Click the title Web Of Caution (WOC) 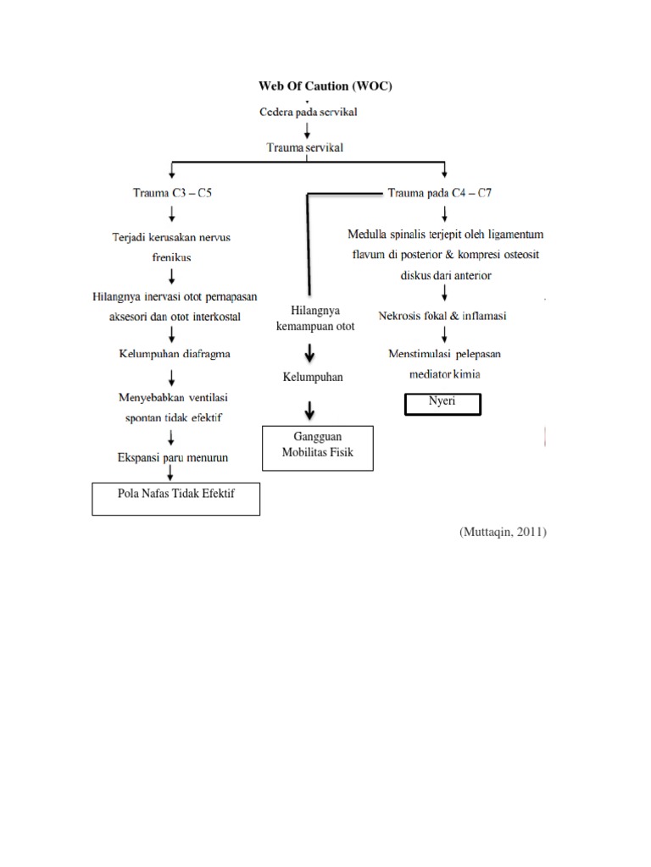point(325,86)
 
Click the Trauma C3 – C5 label point(173,193)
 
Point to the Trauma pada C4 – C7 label point(439,193)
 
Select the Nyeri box point(442,404)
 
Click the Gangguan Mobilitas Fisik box point(317,446)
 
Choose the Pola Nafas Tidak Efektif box point(175,499)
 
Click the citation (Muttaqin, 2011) point(504,532)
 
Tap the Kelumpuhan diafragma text point(173,354)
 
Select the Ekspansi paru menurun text point(174,457)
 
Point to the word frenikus point(173,257)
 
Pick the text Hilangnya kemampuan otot point(321,318)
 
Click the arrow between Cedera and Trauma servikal point(308,130)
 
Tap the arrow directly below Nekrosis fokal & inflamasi point(444,335)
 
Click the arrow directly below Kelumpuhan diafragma point(173,375)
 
